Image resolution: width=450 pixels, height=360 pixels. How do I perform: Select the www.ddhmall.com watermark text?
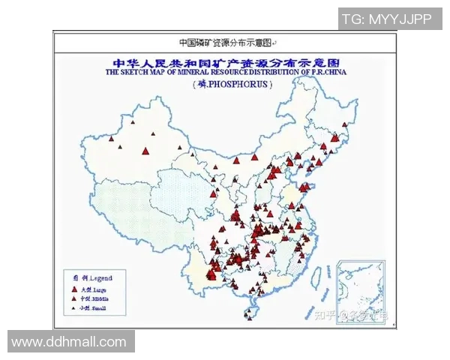click(x=69, y=342)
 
